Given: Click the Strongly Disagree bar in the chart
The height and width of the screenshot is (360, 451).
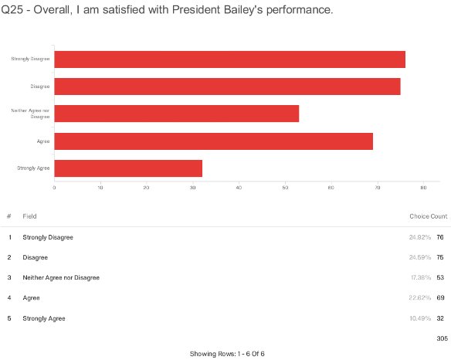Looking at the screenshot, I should (229, 59).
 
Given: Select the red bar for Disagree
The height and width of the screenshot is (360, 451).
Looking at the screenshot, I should (227, 87).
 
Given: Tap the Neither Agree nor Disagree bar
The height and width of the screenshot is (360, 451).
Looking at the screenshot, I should (176, 114).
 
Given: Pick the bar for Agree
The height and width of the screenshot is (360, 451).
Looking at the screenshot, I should (213, 141).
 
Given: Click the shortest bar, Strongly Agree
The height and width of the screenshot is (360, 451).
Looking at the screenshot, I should (128, 168).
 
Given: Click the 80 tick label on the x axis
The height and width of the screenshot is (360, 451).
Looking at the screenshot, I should (423, 188).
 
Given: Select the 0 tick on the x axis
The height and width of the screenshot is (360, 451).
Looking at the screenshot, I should (54, 188).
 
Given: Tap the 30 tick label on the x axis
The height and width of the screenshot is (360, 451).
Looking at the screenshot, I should (192, 188).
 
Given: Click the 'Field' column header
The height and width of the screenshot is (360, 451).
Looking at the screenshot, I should (30, 216).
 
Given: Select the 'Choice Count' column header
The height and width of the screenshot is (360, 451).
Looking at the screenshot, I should (428, 216).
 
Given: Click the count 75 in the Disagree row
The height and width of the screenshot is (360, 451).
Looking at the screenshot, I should (440, 257).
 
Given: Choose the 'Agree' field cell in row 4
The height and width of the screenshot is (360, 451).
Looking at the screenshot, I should (32, 297).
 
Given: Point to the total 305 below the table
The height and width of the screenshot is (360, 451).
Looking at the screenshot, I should (442, 338).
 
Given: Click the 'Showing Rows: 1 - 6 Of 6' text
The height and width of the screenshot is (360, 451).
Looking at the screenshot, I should (227, 353).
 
